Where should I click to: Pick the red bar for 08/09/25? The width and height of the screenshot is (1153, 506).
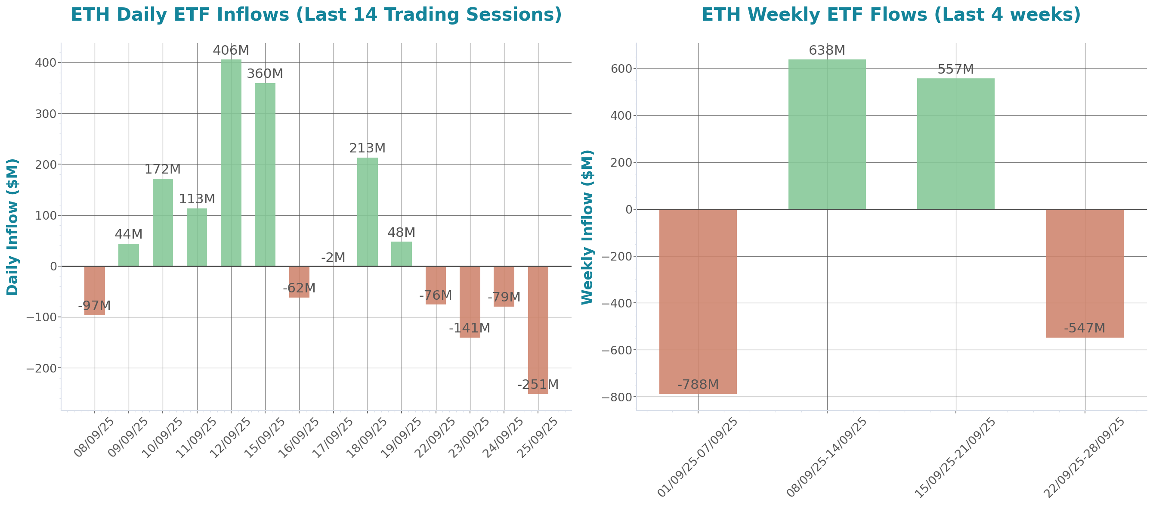point(95,291)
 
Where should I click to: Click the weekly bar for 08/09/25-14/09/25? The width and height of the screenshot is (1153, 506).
point(827,134)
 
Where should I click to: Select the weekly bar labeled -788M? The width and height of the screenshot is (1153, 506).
point(698,302)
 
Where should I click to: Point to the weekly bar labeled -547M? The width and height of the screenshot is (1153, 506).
point(1085,273)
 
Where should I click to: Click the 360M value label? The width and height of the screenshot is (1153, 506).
point(265,74)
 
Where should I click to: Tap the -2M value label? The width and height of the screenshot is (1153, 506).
point(334,258)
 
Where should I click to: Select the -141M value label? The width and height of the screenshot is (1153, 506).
point(470,328)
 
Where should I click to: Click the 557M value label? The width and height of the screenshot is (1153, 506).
point(955,69)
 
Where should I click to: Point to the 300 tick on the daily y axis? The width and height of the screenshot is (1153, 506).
point(46,114)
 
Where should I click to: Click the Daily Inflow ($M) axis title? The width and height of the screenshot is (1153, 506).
point(12,227)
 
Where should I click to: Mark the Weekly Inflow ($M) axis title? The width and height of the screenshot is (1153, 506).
point(587,227)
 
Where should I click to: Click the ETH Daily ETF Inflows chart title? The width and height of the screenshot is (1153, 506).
point(316,15)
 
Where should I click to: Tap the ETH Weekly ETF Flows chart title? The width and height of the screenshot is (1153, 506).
point(891,15)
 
